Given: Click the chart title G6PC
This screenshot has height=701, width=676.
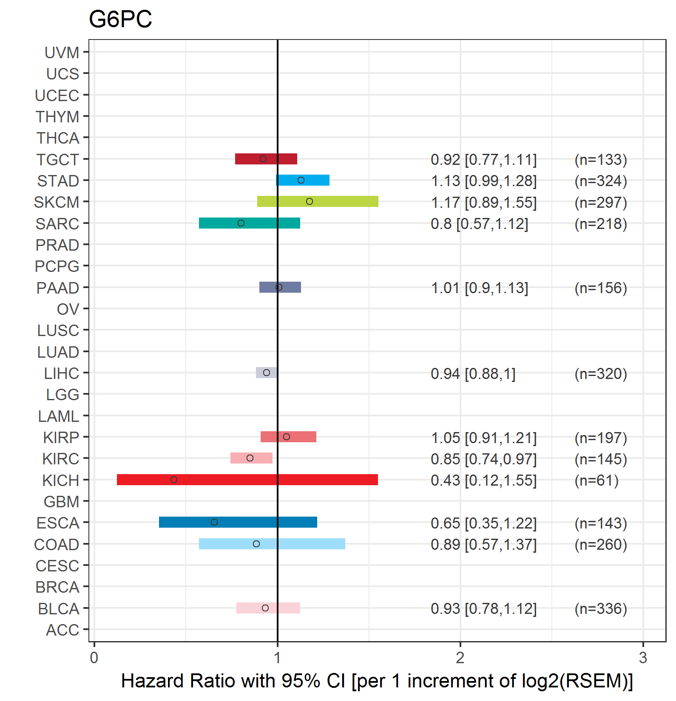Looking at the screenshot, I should [x=120, y=20].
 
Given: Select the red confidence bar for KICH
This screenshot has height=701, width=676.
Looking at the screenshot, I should [x=247, y=480].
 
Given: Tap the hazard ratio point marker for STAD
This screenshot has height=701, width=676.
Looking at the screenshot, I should [x=301, y=180].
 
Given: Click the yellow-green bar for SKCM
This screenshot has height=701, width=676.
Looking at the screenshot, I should [x=318, y=201].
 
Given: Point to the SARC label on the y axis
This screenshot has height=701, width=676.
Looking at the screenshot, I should [x=57, y=224].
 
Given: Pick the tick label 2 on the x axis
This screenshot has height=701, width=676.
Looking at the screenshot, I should [x=460, y=658].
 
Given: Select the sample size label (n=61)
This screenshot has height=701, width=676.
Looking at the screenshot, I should [x=596, y=481].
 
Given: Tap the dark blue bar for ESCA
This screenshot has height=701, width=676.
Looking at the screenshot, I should [x=238, y=522].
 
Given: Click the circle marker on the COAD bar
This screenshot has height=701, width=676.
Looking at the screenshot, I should [x=256, y=544].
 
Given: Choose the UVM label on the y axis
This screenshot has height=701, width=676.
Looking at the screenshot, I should [x=62, y=53].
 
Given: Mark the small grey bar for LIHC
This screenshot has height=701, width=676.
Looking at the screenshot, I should [x=266, y=373].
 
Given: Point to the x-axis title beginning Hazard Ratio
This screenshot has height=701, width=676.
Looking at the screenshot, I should [x=377, y=681].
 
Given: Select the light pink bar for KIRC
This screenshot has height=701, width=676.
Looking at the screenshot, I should [x=251, y=458].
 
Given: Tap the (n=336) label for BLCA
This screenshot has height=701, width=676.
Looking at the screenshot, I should [x=600, y=609].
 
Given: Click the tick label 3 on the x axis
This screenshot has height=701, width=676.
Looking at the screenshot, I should [x=643, y=658].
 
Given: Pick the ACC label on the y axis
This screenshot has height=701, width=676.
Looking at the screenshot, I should [x=62, y=630].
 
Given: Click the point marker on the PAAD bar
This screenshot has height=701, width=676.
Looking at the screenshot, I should [x=279, y=287].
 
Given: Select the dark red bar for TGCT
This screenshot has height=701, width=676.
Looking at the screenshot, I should [x=266, y=159].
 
